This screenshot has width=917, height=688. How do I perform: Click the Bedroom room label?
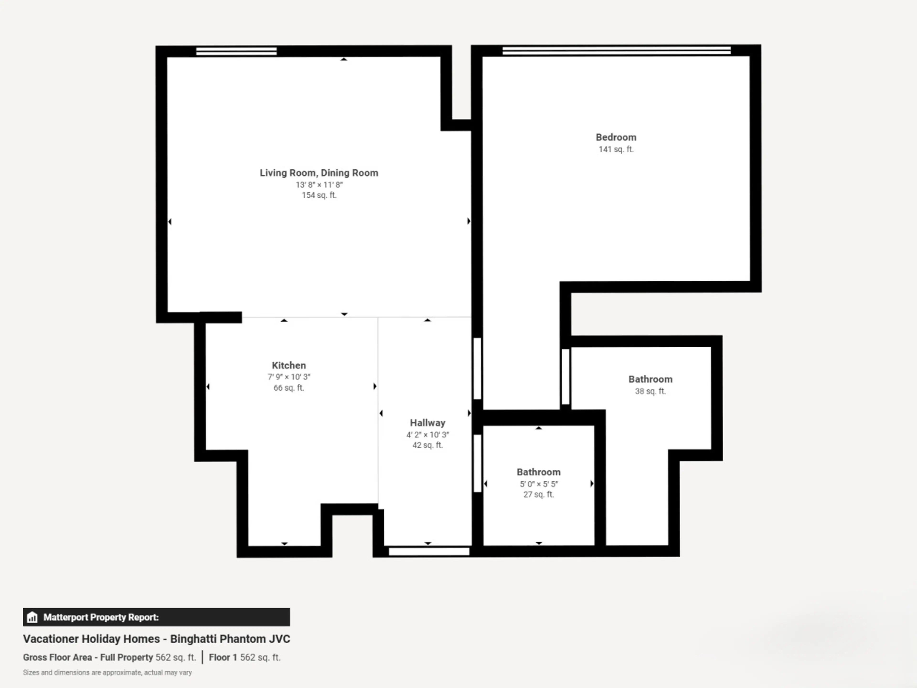click(x=616, y=137)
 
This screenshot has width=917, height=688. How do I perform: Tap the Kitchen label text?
click(x=289, y=365)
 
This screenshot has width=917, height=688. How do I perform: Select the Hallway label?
click(x=427, y=423)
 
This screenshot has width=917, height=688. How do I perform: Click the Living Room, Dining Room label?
click(x=319, y=173)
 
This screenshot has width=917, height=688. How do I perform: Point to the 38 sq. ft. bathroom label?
click(x=650, y=391)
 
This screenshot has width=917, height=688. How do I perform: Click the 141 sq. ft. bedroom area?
click(x=616, y=149)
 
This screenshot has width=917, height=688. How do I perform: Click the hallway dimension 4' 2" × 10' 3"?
click(x=427, y=435)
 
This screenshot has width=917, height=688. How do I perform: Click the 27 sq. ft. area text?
click(x=538, y=494)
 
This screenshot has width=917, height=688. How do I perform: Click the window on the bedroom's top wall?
click(x=616, y=51)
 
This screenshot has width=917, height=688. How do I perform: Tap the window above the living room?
click(x=236, y=51)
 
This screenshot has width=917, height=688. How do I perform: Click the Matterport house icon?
click(x=32, y=617)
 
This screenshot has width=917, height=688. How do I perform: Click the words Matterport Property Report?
click(x=101, y=617)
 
